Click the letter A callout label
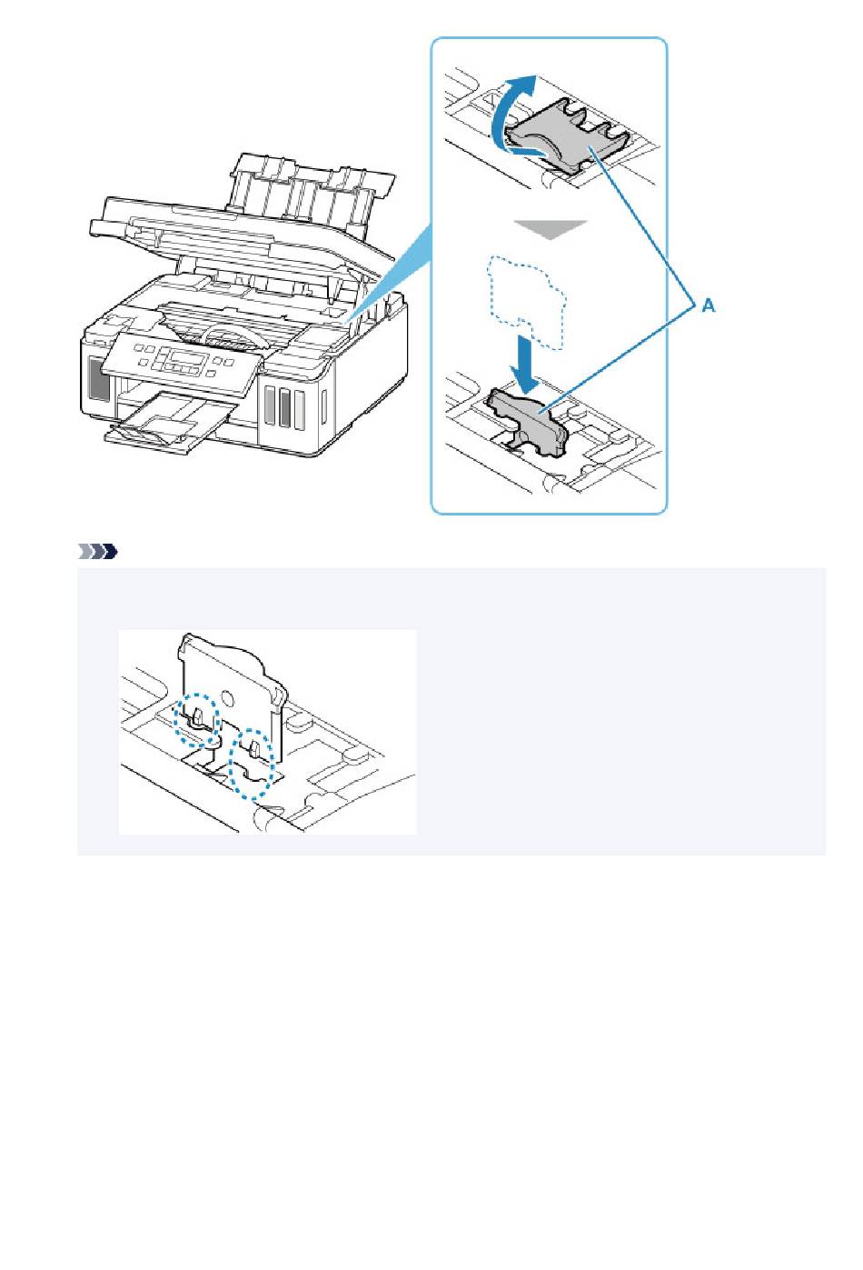(x=709, y=306)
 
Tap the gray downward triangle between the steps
(x=549, y=230)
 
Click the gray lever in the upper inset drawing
(x=567, y=135)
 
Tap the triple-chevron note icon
(x=97, y=551)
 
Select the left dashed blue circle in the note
(x=196, y=720)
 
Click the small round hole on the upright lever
(x=226, y=696)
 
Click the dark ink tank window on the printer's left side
(x=99, y=380)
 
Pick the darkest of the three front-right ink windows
(x=284, y=406)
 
